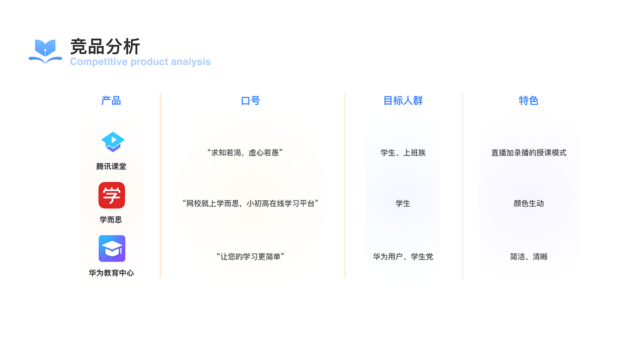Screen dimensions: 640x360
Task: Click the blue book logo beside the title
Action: click(x=45, y=51)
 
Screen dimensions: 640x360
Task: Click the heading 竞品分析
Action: click(x=105, y=46)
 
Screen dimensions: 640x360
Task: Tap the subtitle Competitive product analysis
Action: click(x=140, y=62)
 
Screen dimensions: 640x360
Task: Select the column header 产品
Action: click(x=111, y=100)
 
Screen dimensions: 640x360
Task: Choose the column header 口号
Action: click(x=250, y=100)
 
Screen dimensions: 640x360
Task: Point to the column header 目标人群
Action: click(x=403, y=100)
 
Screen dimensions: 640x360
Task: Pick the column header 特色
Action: click(x=528, y=100)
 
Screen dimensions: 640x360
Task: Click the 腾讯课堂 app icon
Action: click(x=112, y=141)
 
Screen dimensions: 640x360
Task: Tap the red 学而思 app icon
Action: click(x=111, y=195)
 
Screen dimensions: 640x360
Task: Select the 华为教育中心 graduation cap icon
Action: click(x=111, y=248)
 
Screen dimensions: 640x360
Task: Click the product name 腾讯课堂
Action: click(x=111, y=166)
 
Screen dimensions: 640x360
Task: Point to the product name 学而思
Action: click(x=110, y=219)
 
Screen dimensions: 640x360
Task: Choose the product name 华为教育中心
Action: click(x=111, y=273)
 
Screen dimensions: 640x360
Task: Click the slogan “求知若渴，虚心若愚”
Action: click(x=245, y=152)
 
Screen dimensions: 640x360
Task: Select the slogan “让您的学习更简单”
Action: click(x=250, y=256)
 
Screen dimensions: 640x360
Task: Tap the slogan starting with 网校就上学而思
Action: click(x=250, y=203)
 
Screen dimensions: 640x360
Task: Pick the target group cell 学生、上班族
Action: click(x=403, y=152)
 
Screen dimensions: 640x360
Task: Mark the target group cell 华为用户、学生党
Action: click(x=403, y=256)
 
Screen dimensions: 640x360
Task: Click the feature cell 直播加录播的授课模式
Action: click(x=528, y=152)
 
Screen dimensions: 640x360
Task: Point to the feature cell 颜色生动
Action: click(x=528, y=203)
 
